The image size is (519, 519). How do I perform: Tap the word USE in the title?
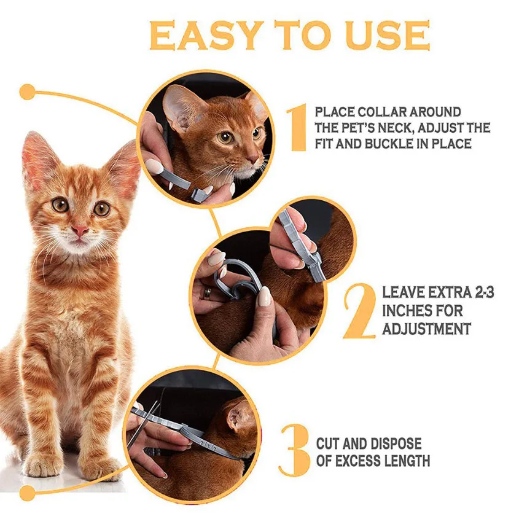[389, 35]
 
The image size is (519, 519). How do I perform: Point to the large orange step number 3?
[294, 450]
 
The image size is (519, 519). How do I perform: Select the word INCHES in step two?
[405, 311]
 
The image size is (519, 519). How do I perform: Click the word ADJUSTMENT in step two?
[426, 329]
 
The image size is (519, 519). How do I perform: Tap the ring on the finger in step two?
[207, 293]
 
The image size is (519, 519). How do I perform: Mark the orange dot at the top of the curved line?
[27, 92]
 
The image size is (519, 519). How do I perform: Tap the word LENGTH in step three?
[409, 461]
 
